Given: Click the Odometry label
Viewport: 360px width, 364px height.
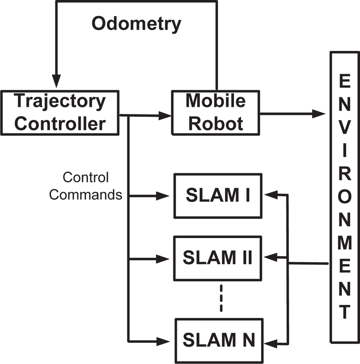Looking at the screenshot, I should point(136,24).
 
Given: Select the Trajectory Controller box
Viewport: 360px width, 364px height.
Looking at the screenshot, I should point(60,113).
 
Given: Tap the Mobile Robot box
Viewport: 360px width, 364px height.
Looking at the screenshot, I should point(216,113).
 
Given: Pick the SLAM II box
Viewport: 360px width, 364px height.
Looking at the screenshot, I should point(217,258).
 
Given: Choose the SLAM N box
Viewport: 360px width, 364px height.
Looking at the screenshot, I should point(219,340).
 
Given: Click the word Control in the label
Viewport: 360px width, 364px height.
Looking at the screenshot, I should point(86,178).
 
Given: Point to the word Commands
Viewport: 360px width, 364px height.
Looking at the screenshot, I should point(86,195).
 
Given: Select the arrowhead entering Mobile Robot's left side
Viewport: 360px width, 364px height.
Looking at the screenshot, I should point(165,116).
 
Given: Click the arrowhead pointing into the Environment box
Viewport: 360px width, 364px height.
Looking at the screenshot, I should point(319,114).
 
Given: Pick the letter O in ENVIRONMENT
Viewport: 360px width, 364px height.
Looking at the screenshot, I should point(345,198).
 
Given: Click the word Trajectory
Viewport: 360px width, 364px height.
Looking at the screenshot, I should point(60,101).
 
